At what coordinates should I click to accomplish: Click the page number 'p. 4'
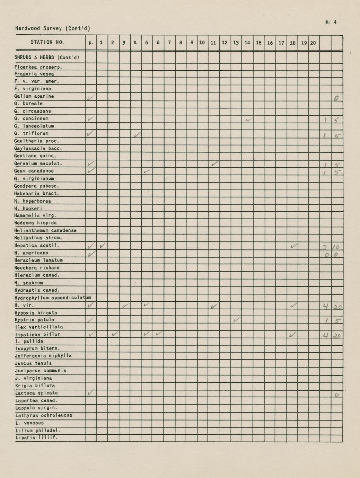click(x=331, y=22)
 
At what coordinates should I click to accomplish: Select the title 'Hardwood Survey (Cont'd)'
click(x=53, y=28)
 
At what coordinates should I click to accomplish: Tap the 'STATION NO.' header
click(x=47, y=42)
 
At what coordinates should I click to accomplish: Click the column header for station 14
click(x=247, y=43)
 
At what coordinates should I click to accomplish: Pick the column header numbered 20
click(x=313, y=43)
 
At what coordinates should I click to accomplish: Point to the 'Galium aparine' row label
click(x=34, y=96)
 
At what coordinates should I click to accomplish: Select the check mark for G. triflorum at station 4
click(x=137, y=134)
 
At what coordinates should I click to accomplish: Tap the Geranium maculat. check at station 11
click(x=215, y=163)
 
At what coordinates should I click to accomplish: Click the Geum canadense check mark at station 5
click(x=147, y=171)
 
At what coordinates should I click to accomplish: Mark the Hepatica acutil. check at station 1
click(x=103, y=246)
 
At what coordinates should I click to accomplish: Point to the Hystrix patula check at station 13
click(x=237, y=320)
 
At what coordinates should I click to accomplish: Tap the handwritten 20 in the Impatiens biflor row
click(x=337, y=335)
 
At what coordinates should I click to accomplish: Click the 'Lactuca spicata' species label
click(x=36, y=393)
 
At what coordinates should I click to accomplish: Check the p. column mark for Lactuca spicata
click(x=90, y=393)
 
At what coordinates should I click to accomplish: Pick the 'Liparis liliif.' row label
click(x=36, y=438)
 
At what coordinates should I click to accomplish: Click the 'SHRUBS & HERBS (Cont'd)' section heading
click(x=47, y=57)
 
